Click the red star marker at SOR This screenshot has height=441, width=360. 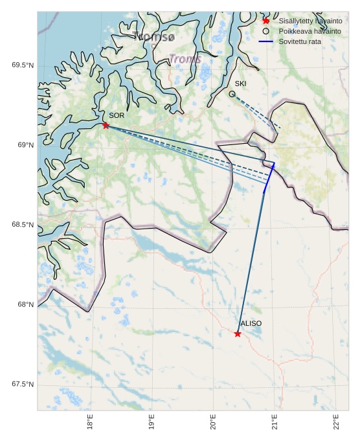(106, 125)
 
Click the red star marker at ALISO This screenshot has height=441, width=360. (238, 334)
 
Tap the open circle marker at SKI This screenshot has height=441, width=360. (232, 94)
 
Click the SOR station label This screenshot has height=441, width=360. (116, 115)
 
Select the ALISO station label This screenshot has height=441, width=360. (251, 323)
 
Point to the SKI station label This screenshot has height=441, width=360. (240, 84)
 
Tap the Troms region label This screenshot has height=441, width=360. (185, 59)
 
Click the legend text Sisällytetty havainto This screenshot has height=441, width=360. (310, 21)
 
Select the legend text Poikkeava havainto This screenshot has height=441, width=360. (309, 31)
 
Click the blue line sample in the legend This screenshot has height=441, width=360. (265, 41)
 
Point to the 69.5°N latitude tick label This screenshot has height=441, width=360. (22, 65)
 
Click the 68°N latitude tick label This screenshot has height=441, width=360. (24, 305)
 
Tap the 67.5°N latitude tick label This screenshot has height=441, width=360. (22, 385)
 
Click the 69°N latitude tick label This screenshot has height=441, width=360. (24, 145)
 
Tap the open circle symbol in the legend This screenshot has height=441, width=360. (265, 31)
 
